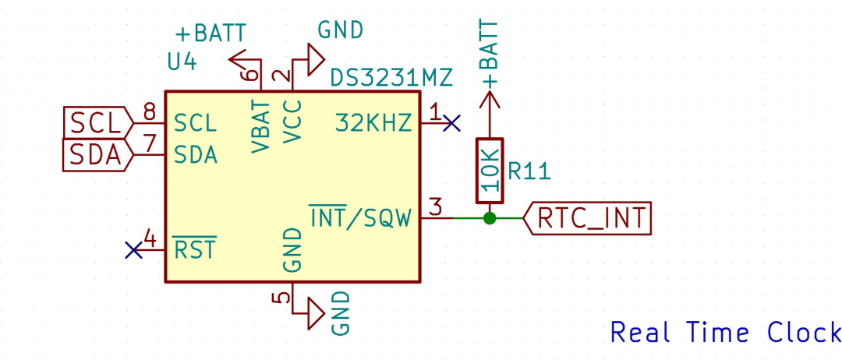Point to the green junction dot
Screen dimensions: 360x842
490,218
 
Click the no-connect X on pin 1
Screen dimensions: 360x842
451,122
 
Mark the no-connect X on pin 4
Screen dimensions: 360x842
134,249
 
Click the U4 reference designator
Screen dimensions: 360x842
182,62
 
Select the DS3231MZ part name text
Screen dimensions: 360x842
391,79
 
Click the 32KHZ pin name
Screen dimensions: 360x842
373,122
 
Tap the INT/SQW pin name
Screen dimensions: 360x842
360,218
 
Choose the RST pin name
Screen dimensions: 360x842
195,250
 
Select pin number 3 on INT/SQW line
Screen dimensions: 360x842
437,207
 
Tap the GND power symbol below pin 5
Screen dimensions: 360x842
314,313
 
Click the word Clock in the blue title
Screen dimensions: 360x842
804,333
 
